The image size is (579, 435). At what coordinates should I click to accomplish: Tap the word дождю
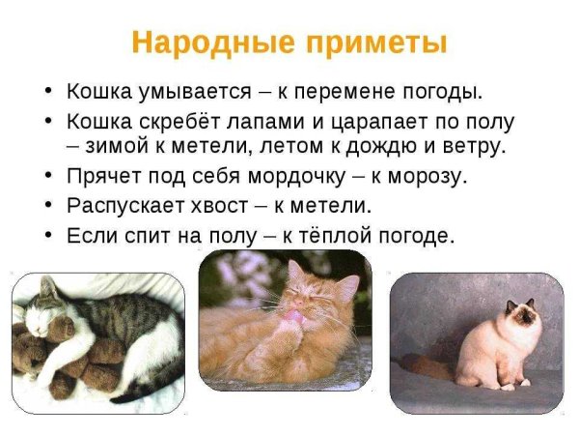point(383,148)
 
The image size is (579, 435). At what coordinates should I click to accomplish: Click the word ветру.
point(472,148)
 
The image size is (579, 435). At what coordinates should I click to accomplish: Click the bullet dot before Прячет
point(48,177)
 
